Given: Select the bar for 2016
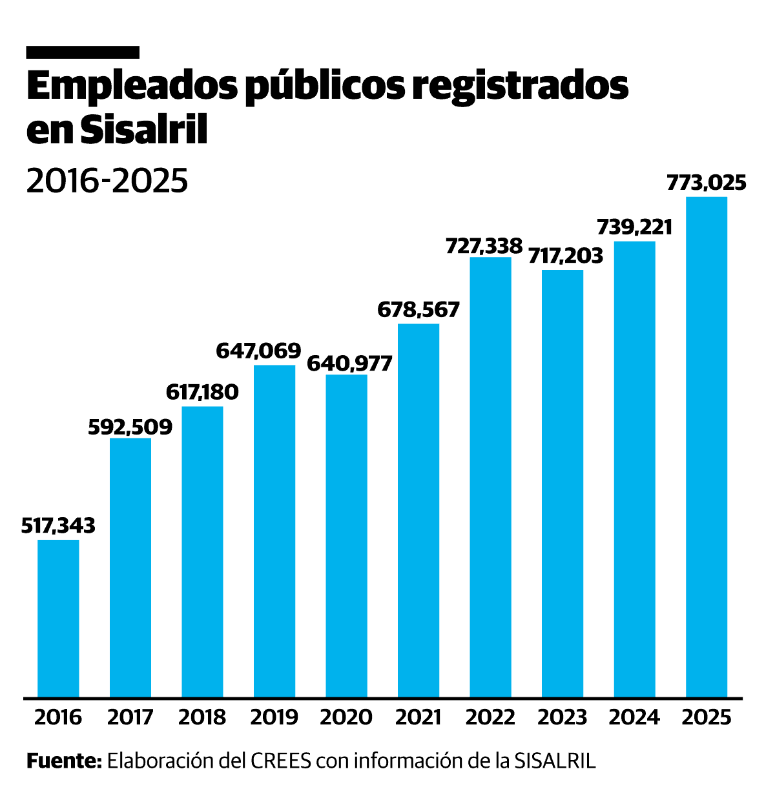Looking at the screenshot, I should (58, 618).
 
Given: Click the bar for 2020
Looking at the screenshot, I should (346, 536).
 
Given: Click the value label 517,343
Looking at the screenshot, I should (58, 526).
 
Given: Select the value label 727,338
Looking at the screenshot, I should (484, 245).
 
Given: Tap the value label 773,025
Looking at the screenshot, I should (706, 183).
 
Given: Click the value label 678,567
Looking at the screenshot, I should (418, 310).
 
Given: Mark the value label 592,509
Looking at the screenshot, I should (130, 427).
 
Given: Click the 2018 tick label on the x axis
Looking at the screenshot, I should (202, 717).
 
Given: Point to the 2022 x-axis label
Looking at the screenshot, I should (490, 717).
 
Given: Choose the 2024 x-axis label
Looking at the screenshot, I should (634, 717).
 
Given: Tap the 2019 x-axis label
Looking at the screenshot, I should (274, 717).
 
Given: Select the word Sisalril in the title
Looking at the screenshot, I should (145, 131).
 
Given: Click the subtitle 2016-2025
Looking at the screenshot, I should (107, 181).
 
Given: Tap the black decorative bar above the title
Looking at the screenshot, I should (83, 52).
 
